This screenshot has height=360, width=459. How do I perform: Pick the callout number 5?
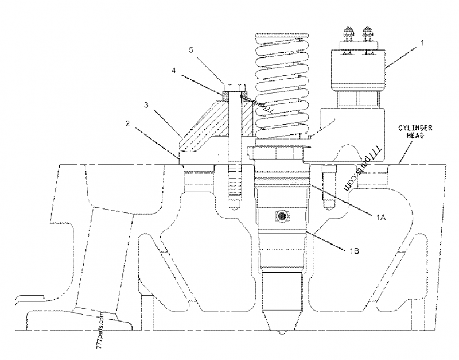coord(192,50)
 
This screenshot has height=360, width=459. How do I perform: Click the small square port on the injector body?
coord(282,216)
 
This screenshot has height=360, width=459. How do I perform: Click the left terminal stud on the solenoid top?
coord(347,35)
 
